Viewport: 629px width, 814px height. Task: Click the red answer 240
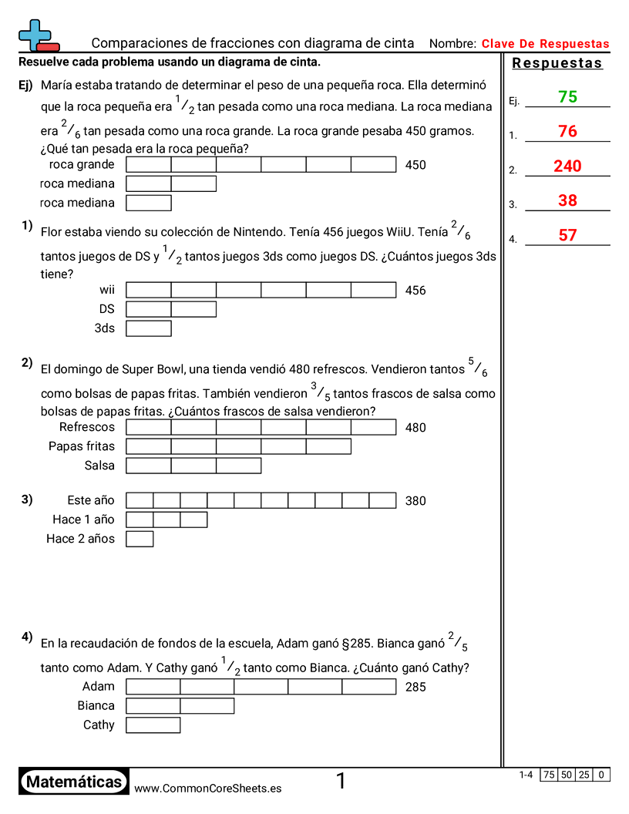coord(567,166)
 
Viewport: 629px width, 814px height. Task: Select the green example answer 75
coord(567,97)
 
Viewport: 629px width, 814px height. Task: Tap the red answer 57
coord(567,235)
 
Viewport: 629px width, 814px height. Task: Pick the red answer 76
coord(567,132)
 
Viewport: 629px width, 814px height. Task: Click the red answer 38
coord(567,200)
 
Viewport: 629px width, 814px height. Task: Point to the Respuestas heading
coord(557,63)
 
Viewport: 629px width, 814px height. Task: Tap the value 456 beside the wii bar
coord(415,291)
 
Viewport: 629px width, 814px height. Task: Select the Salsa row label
coord(99,466)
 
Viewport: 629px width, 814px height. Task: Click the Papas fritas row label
coord(81,446)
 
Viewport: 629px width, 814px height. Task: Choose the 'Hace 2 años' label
coord(80,539)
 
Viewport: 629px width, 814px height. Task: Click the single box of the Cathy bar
coord(153,725)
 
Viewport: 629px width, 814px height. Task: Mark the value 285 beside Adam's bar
coord(415,687)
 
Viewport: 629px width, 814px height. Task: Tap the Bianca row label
coord(96,705)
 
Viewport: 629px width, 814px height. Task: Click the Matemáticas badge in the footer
coord(73,782)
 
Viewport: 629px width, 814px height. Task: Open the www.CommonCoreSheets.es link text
coord(207,789)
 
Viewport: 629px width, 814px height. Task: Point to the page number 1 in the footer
coord(341,782)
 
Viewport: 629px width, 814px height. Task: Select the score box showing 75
coord(549,775)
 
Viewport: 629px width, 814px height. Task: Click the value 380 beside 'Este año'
coord(415,501)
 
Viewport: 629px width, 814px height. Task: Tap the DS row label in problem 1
coord(106,309)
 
